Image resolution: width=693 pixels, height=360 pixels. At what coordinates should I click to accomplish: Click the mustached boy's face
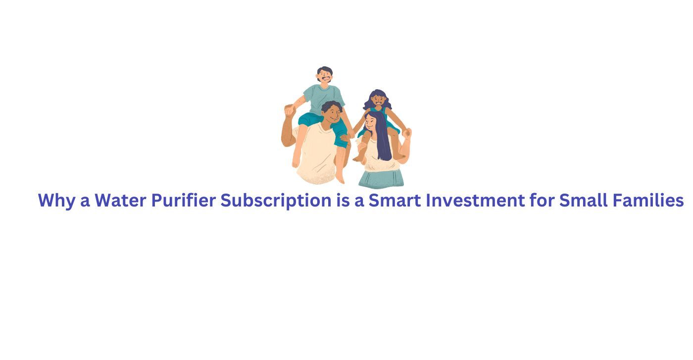(325, 76)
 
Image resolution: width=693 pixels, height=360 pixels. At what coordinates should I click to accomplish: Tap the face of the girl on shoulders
(378, 101)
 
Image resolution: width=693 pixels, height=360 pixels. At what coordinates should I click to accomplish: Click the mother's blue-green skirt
(381, 179)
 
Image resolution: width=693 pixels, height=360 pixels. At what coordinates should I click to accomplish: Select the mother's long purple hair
(383, 141)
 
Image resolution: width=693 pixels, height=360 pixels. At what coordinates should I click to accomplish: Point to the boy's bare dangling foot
(340, 177)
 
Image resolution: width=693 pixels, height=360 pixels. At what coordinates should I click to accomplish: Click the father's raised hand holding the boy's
(289, 110)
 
